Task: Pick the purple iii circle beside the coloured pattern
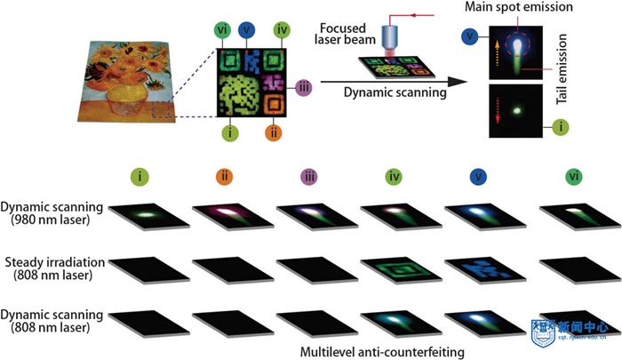click(303, 86)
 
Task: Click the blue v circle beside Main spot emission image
click(467, 36)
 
